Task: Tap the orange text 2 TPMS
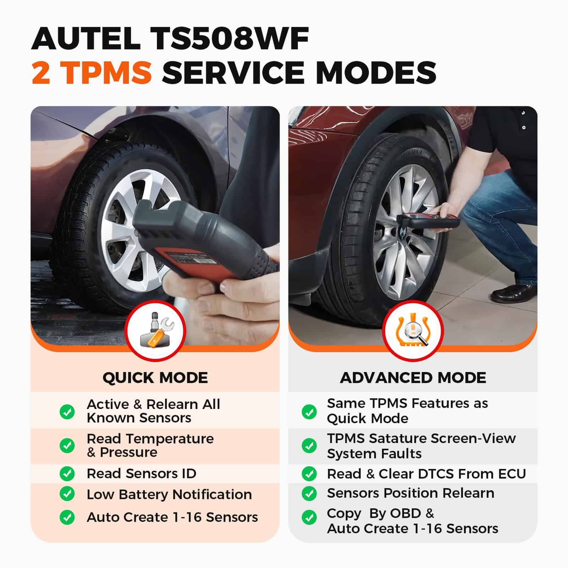92,72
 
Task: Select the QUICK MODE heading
155,378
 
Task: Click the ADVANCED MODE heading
413,378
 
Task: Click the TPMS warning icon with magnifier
413,330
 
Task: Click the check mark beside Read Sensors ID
67,474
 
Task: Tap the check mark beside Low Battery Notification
67,494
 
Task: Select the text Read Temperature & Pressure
150,446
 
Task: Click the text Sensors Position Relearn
410,493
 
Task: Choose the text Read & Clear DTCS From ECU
426,474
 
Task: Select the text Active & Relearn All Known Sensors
153,411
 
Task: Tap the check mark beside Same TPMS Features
309,412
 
